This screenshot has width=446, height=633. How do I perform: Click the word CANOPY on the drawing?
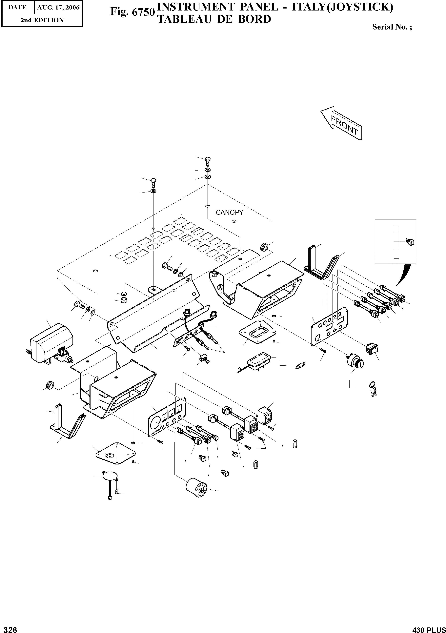point(229,212)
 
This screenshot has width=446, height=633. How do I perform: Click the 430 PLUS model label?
point(429,628)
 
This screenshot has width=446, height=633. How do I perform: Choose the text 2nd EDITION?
point(42,20)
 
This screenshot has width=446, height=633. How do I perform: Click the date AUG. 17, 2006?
point(58,8)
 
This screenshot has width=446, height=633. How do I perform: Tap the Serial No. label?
point(392,27)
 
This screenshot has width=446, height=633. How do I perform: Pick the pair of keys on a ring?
point(372,388)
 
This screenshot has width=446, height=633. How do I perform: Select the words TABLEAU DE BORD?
point(214,19)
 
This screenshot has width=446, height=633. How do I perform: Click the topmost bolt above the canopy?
point(208,161)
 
